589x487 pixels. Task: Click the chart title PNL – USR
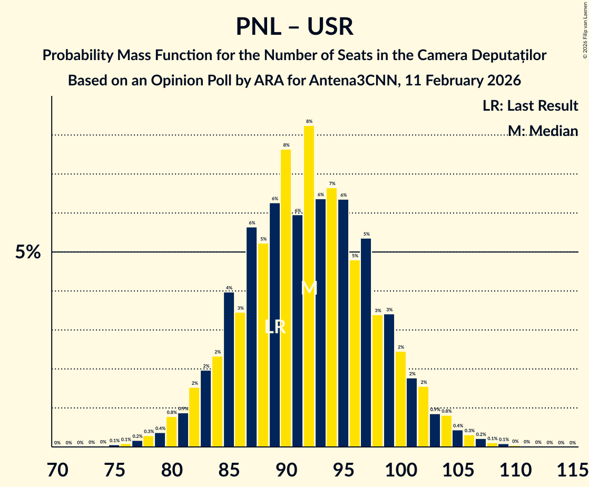294,26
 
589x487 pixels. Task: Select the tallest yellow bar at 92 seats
309,285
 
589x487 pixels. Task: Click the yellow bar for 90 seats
286,298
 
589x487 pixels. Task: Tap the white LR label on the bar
275,327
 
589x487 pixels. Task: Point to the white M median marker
309,288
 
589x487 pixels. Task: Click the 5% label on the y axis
27,252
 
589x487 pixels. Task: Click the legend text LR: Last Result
530,105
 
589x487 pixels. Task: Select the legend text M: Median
543,131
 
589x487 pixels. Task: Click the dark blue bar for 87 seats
252,337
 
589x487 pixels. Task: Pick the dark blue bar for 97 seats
366,343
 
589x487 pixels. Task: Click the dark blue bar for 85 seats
229,369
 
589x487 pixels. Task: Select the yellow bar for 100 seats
400,399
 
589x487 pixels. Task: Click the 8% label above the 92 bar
309,121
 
